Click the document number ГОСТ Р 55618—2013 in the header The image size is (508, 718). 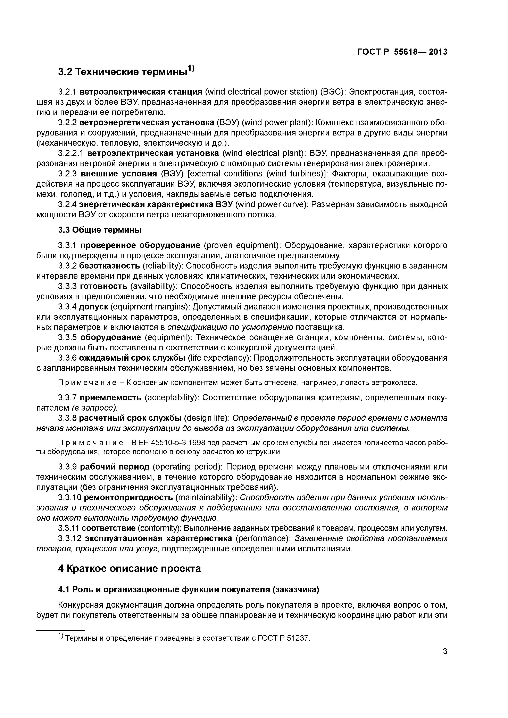tap(402, 52)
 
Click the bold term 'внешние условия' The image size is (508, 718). tap(119, 174)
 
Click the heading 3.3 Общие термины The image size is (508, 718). tap(100, 230)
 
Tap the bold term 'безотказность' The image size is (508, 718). tap(110, 266)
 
